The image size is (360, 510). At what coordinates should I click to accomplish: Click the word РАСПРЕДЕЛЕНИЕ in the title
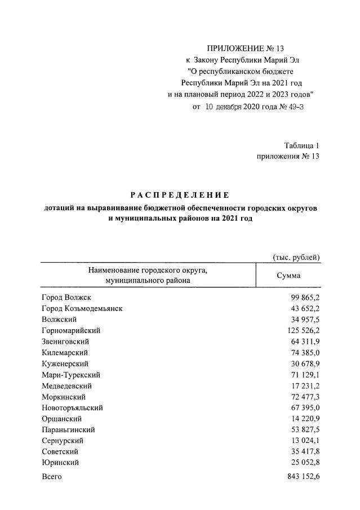tap(180, 196)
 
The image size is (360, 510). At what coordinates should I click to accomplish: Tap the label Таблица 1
tap(301, 145)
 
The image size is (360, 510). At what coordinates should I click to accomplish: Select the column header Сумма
tap(288, 276)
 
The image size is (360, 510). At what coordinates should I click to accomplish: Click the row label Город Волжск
tap(66, 297)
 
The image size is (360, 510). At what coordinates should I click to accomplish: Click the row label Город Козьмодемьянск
tap(82, 308)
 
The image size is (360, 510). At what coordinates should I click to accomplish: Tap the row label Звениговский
tap(65, 342)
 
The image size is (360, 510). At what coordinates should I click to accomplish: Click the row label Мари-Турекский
tap(71, 375)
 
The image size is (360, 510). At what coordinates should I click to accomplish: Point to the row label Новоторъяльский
tap(72, 407)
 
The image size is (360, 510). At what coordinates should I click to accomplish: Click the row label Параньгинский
tap(68, 429)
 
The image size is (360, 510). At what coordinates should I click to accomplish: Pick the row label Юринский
tap(60, 463)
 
